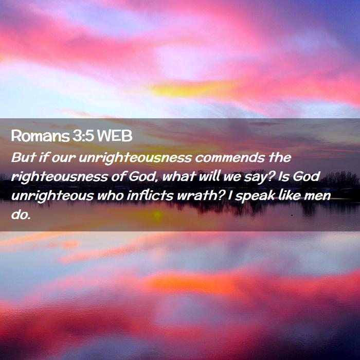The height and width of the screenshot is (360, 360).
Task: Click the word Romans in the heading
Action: pyautogui.click(x=40, y=136)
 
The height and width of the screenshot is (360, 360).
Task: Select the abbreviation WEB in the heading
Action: pyautogui.click(x=115, y=136)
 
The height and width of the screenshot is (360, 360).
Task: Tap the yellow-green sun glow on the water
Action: pyautogui.click(x=157, y=215)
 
